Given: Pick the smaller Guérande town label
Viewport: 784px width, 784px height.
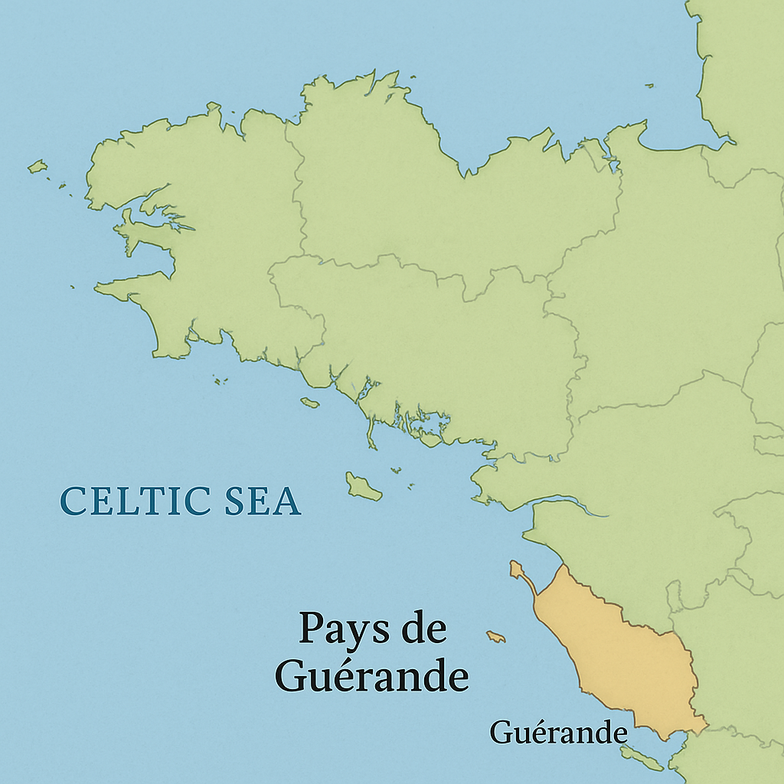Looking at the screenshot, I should point(558,733).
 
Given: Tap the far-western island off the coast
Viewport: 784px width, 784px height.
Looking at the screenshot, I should point(37,166).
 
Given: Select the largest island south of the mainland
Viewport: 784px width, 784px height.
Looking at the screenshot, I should point(363,487).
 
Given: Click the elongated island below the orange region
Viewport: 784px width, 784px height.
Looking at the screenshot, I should point(642,759).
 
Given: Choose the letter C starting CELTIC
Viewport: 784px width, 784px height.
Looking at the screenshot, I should point(73,501).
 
